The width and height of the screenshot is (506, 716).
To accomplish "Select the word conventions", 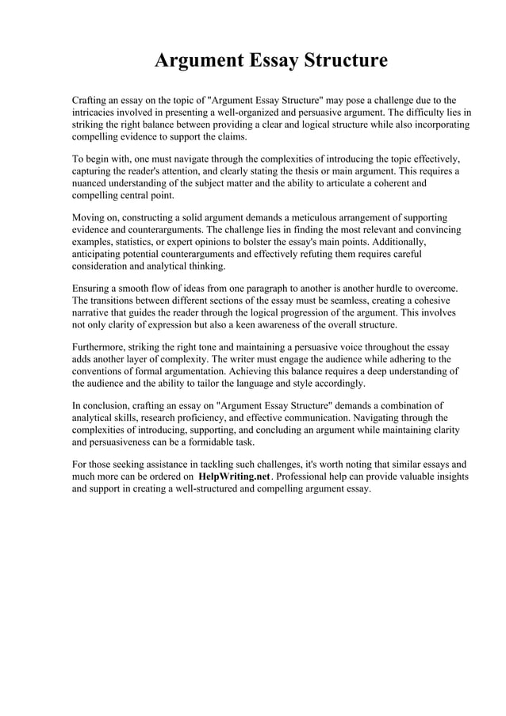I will (x=102, y=370).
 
